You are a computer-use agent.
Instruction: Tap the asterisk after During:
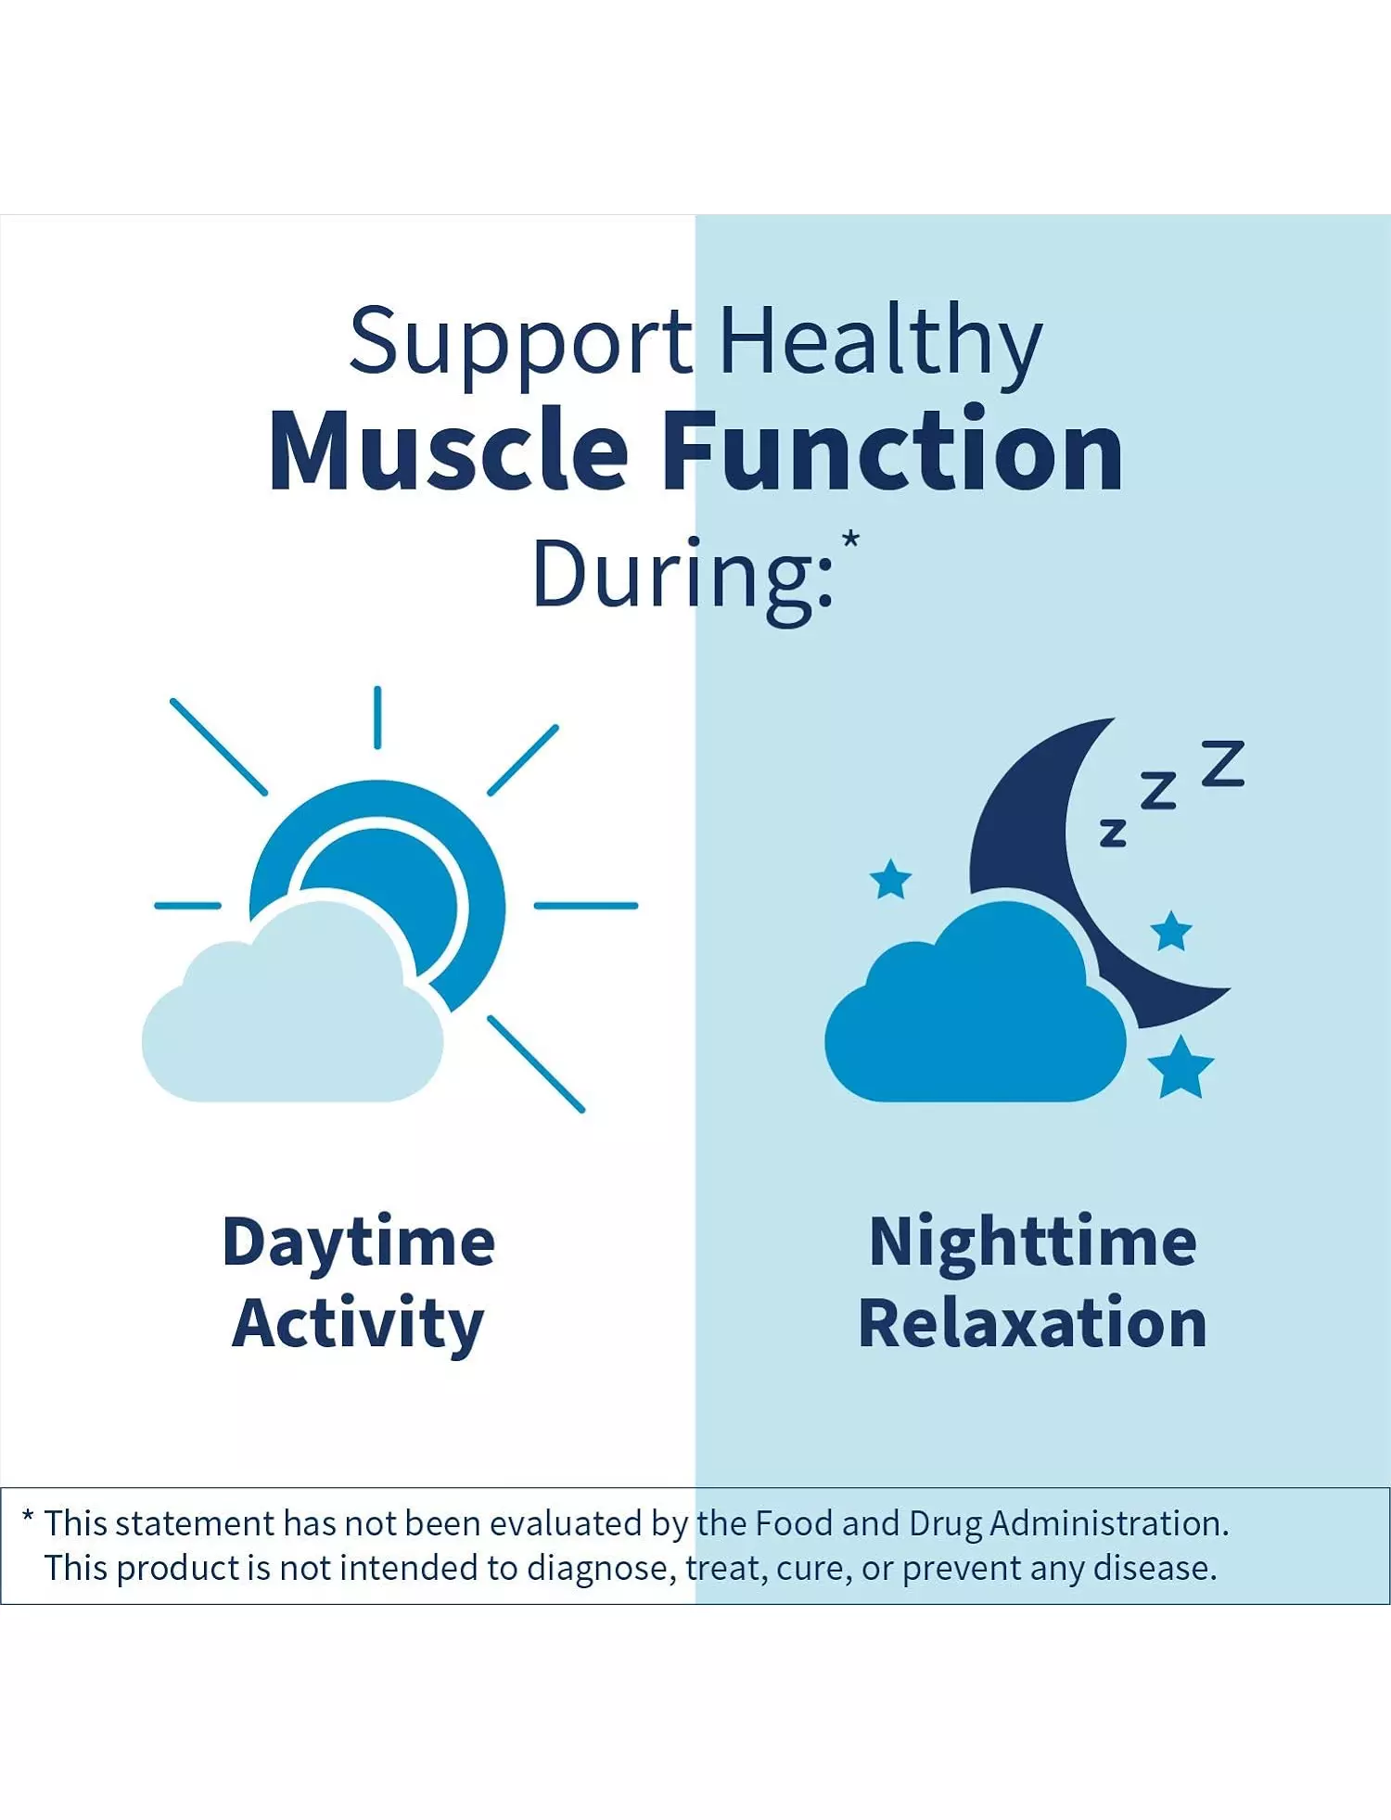click(x=850, y=541)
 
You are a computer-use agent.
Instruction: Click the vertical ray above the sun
click(x=377, y=718)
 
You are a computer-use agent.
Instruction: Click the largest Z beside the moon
click(x=1223, y=763)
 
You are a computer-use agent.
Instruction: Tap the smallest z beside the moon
click(x=1113, y=834)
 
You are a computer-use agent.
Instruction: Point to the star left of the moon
click(x=891, y=880)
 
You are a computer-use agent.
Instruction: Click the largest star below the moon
click(x=1180, y=1068)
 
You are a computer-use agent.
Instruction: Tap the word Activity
click(x=358, y=1324)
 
